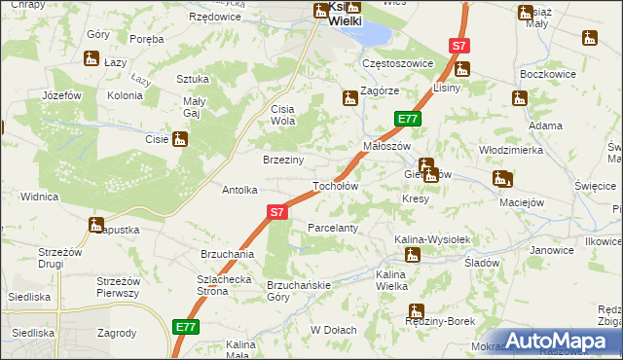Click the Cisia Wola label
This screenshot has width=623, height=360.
click(283, 115)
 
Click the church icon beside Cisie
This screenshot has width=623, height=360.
click(179, 139)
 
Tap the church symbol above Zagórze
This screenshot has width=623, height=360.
click(349, 97)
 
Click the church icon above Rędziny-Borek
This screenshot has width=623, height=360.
click(417, 313)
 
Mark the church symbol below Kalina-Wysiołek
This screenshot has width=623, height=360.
click(413, 255)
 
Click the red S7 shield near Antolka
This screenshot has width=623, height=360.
click(277, 211)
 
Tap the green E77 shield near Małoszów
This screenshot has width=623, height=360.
click(407, 119)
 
